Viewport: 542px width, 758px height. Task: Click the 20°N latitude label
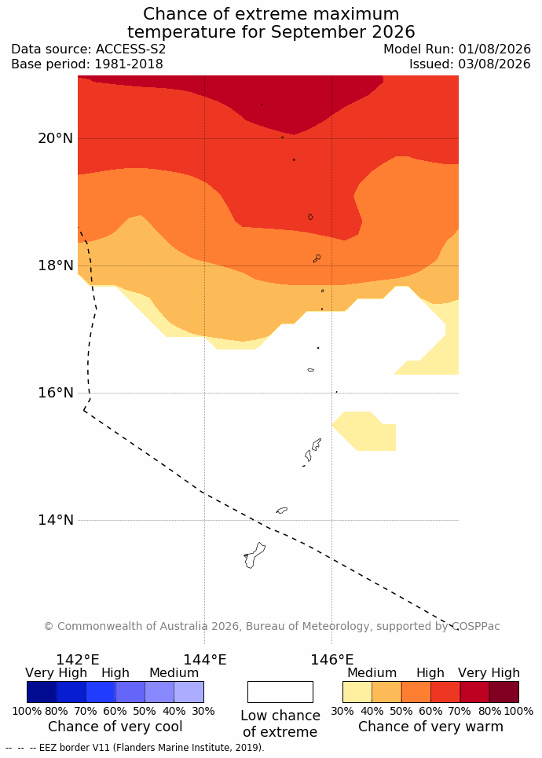pyautogui.click(x=56, y=138)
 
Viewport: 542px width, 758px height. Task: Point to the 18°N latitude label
pyautogui.click(x=56, y=265)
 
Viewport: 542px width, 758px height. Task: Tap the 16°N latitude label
pyautogui.click(x=56, y=393)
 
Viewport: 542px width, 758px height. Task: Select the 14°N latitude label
pyautogui.click(x=56, y=520)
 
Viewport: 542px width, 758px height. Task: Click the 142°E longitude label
pyautogui.click(x=78, y=659)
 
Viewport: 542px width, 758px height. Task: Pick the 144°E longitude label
pyautogui.click(x=204, y=659)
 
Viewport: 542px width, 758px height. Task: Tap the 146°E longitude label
pyautogui.click(x=332, y=659)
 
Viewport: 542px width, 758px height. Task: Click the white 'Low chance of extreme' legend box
pyautogui.click(x=280, y=692)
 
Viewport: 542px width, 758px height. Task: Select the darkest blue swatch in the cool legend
pyautogui.click(x=42, y=692)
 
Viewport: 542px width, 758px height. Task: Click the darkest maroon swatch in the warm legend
pyautogui.click(x=504, y=692)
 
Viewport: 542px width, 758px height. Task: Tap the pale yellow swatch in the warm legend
pyautogui.click(x=357, y=692)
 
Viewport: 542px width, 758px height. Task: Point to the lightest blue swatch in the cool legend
pyautogui.click(x=189, y=692)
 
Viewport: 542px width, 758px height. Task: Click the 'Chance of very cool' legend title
pyautogui.click(x=115, y=727)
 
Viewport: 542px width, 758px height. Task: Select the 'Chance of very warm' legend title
pyautogui.click(x=430, y=727)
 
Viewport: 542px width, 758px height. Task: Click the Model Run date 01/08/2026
pyautogui.click(x=495, y=49)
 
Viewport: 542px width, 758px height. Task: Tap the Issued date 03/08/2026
pyautogui.click(x=495, y=64)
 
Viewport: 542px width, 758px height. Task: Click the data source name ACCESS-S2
pyautogui.click(x=130, y=49)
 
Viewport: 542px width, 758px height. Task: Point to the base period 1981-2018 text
pyautogui.click(x=129, y=64)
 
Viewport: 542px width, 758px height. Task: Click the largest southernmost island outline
pyautogui.click(x=254, y=556)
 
